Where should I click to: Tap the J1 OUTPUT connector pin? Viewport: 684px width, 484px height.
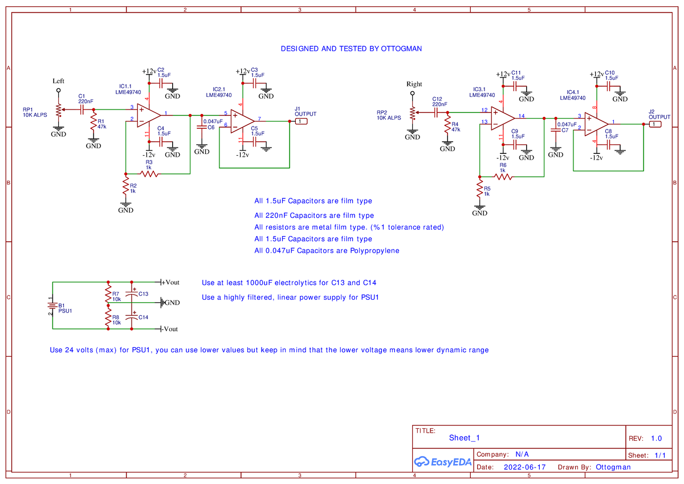coord(302,121)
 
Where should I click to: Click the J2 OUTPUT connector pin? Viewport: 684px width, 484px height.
coord(655,124)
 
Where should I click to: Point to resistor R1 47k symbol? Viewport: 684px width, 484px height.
coord(93,124)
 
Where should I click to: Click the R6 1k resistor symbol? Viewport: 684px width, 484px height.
coord(503,177)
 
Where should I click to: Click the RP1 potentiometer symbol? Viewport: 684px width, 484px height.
coord(58,109)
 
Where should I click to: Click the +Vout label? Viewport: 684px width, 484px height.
coord(170,282)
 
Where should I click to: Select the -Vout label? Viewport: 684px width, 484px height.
coord(170,329)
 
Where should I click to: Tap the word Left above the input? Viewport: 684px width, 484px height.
coord(58,81)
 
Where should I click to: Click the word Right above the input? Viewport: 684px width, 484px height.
coord(414,84)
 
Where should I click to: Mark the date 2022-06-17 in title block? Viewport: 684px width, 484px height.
coord(525,467)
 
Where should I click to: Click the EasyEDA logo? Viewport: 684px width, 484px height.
coord(442,462)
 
